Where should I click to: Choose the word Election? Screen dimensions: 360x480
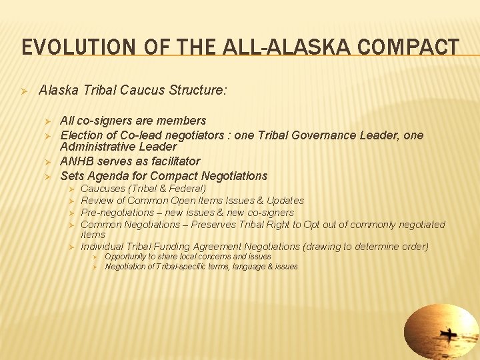(x=81, y=135)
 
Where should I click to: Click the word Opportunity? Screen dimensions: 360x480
(x=128, y=257)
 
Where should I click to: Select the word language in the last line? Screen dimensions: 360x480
(x=236, y=267)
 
